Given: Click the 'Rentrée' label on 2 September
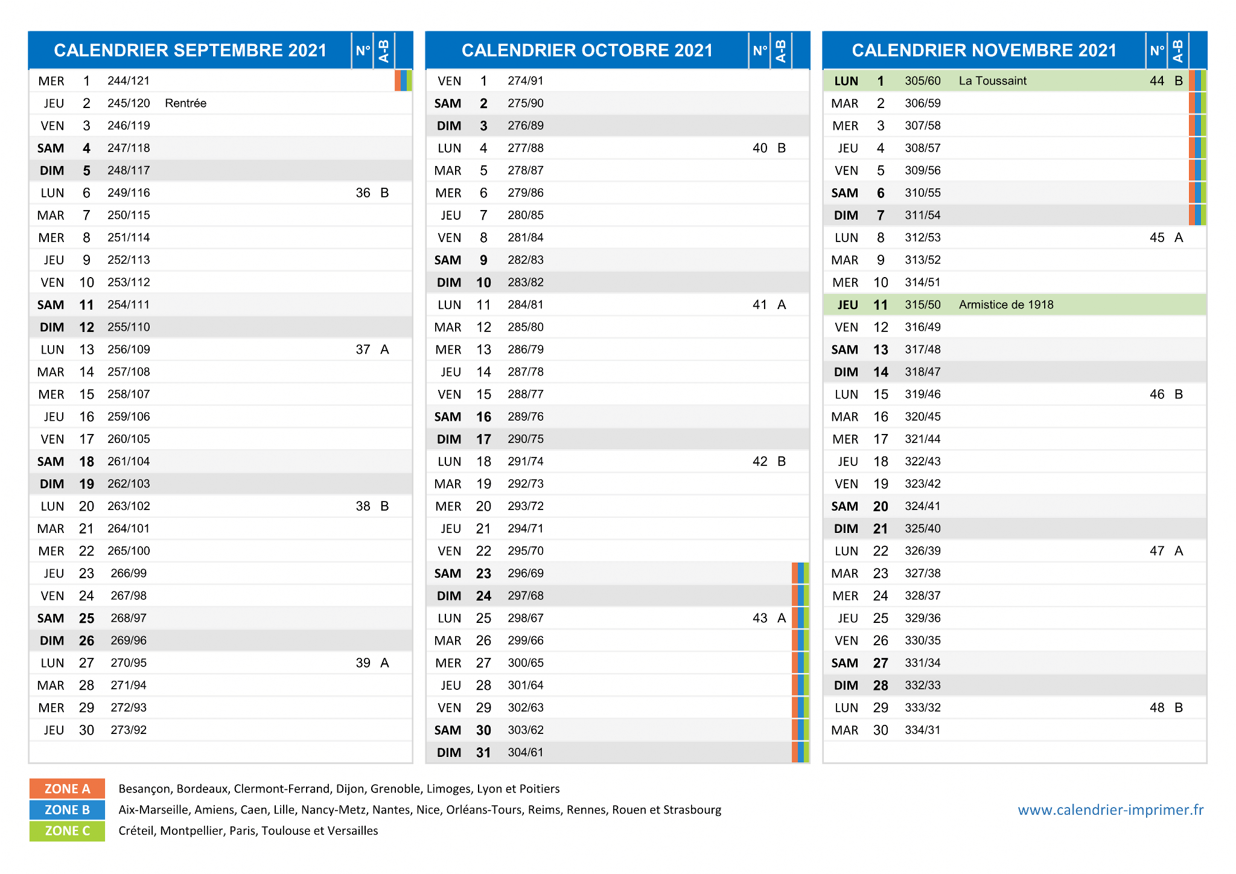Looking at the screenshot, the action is click(185, 103).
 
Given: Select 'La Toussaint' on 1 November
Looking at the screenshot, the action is click(992, 81).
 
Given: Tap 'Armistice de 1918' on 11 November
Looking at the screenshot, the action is click(1006, 305).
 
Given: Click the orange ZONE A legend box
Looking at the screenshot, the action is click(67, 789).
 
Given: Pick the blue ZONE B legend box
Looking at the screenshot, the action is click(67, 810).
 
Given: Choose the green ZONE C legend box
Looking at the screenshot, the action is click(67, 831).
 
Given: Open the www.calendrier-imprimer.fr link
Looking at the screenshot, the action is click(1110, 810).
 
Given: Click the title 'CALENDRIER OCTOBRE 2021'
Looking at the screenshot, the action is click(587, 50).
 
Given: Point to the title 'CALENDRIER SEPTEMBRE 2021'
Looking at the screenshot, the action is click(190, 50).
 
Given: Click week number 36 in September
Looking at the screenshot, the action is click(363, 193).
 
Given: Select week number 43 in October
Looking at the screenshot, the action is click(760, 618).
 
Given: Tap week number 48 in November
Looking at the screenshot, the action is click(1157, 707).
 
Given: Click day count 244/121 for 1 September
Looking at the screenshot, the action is click(129, 81).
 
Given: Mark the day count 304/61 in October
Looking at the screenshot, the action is click(526, 753).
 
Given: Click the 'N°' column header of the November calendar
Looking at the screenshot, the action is click(1157, 51).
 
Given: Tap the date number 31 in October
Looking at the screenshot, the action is click(483, 753).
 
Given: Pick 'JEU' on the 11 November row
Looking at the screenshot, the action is click(847, 305).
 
